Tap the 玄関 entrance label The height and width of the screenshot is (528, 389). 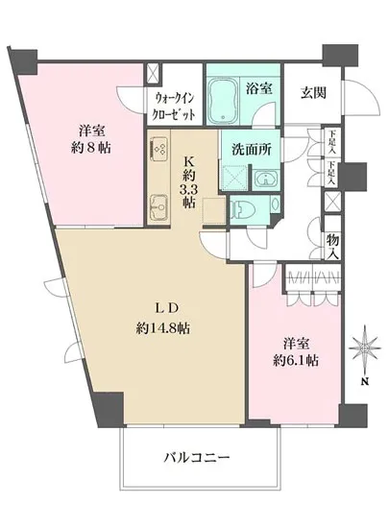pyautogui.click(x=312, y=92)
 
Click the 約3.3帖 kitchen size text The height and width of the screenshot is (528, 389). pyautogui.click(x=190, y=192)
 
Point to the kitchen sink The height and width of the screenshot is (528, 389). pyautogui.click(x=159, y=204)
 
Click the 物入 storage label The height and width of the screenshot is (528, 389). pyautogui.click(x=332, y=247)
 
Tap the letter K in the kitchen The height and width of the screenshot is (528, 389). pyautogui.click(x=190, y=162)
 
